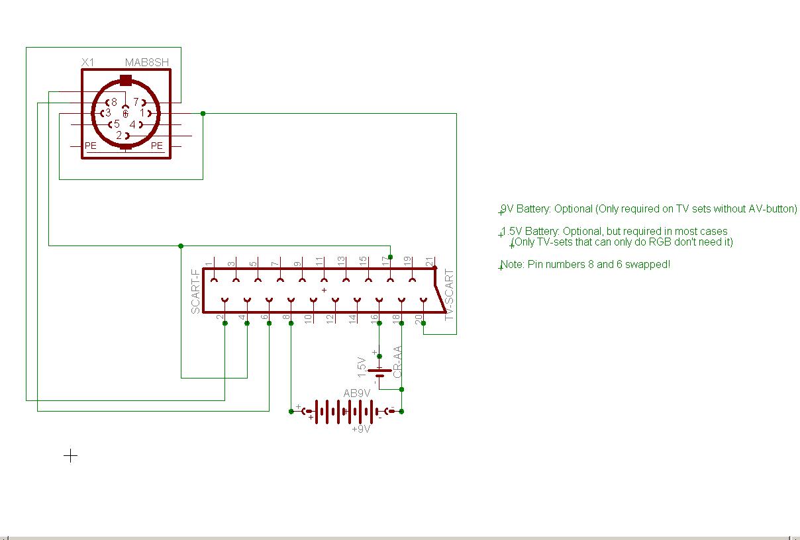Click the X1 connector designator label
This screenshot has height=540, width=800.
point(88,62)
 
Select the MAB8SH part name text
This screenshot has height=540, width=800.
point(147,62)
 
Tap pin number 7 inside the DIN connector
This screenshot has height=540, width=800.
point(136,102)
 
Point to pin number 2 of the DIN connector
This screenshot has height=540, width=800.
point(119,135)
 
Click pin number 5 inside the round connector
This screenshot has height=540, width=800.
point(117,124)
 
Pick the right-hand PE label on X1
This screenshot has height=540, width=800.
point(157,146)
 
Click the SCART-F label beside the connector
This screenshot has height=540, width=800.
point(196,292)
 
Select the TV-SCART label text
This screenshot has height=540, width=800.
point(449,294)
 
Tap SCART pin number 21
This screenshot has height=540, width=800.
point(430,261)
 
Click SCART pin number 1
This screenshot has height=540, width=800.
point(209,264)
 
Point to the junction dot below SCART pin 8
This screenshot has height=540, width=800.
point(291,324)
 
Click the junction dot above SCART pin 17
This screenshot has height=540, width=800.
point(390,257)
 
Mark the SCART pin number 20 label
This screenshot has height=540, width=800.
point(419,319)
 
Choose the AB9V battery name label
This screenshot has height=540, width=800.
point(357,393)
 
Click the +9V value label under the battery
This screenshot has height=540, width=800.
point(361,429)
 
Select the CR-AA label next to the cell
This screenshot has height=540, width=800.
point(397,362)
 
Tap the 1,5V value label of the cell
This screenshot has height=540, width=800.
point(362,367)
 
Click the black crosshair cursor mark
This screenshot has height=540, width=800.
point(70,456)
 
